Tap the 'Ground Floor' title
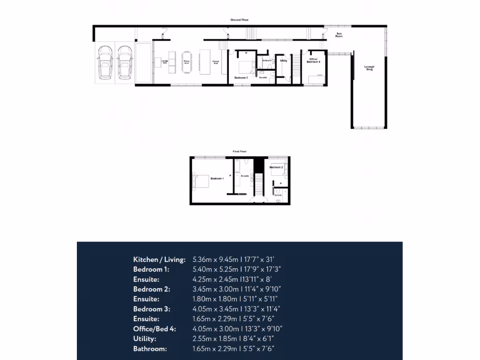pos(239,20)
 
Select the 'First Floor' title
pos(240,152)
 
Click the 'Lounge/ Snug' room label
pos(370,67)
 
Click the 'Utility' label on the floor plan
pos(284,60)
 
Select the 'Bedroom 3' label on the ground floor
pos(241,77)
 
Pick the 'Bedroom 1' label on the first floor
pos(217,179)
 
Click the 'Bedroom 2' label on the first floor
pos(276,167)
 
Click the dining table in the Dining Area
pos(187,61)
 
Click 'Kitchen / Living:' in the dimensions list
pos(159,259)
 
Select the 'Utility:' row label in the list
pos(145,338)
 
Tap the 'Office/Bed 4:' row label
pos(154,329)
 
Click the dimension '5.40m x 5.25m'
pos(214,269)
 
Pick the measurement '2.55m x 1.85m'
pos(214,338)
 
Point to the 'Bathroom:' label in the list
pos(150,348)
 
